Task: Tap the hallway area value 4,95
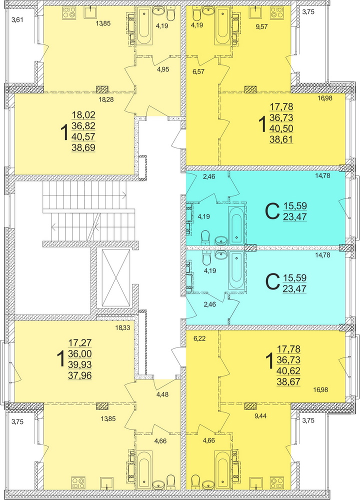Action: (x=162, y=69)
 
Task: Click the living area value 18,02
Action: (x=84, y=114)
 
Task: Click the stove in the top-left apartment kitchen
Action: (x=68, y=13)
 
